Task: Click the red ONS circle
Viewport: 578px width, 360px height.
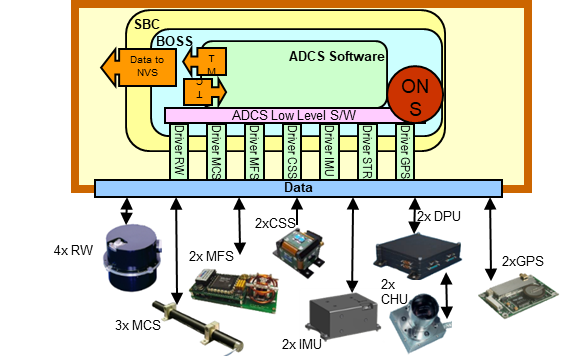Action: click(415, 94)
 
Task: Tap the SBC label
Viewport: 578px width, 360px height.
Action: click(146, 23)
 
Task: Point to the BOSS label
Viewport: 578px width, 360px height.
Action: click(174, 41)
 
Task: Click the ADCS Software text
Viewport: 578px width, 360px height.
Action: click(336, 57)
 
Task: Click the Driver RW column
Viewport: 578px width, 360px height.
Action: click(179, 152)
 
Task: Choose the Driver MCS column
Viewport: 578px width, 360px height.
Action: click(215, 152)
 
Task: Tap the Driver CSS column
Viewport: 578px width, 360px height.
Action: click(291, 152)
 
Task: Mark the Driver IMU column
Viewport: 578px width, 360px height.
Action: click(329, 152)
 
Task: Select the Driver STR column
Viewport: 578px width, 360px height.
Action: click(367, 152)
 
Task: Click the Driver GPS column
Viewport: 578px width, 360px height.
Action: click(405, 152)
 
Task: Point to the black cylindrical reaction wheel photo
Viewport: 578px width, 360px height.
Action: click(132, 258)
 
